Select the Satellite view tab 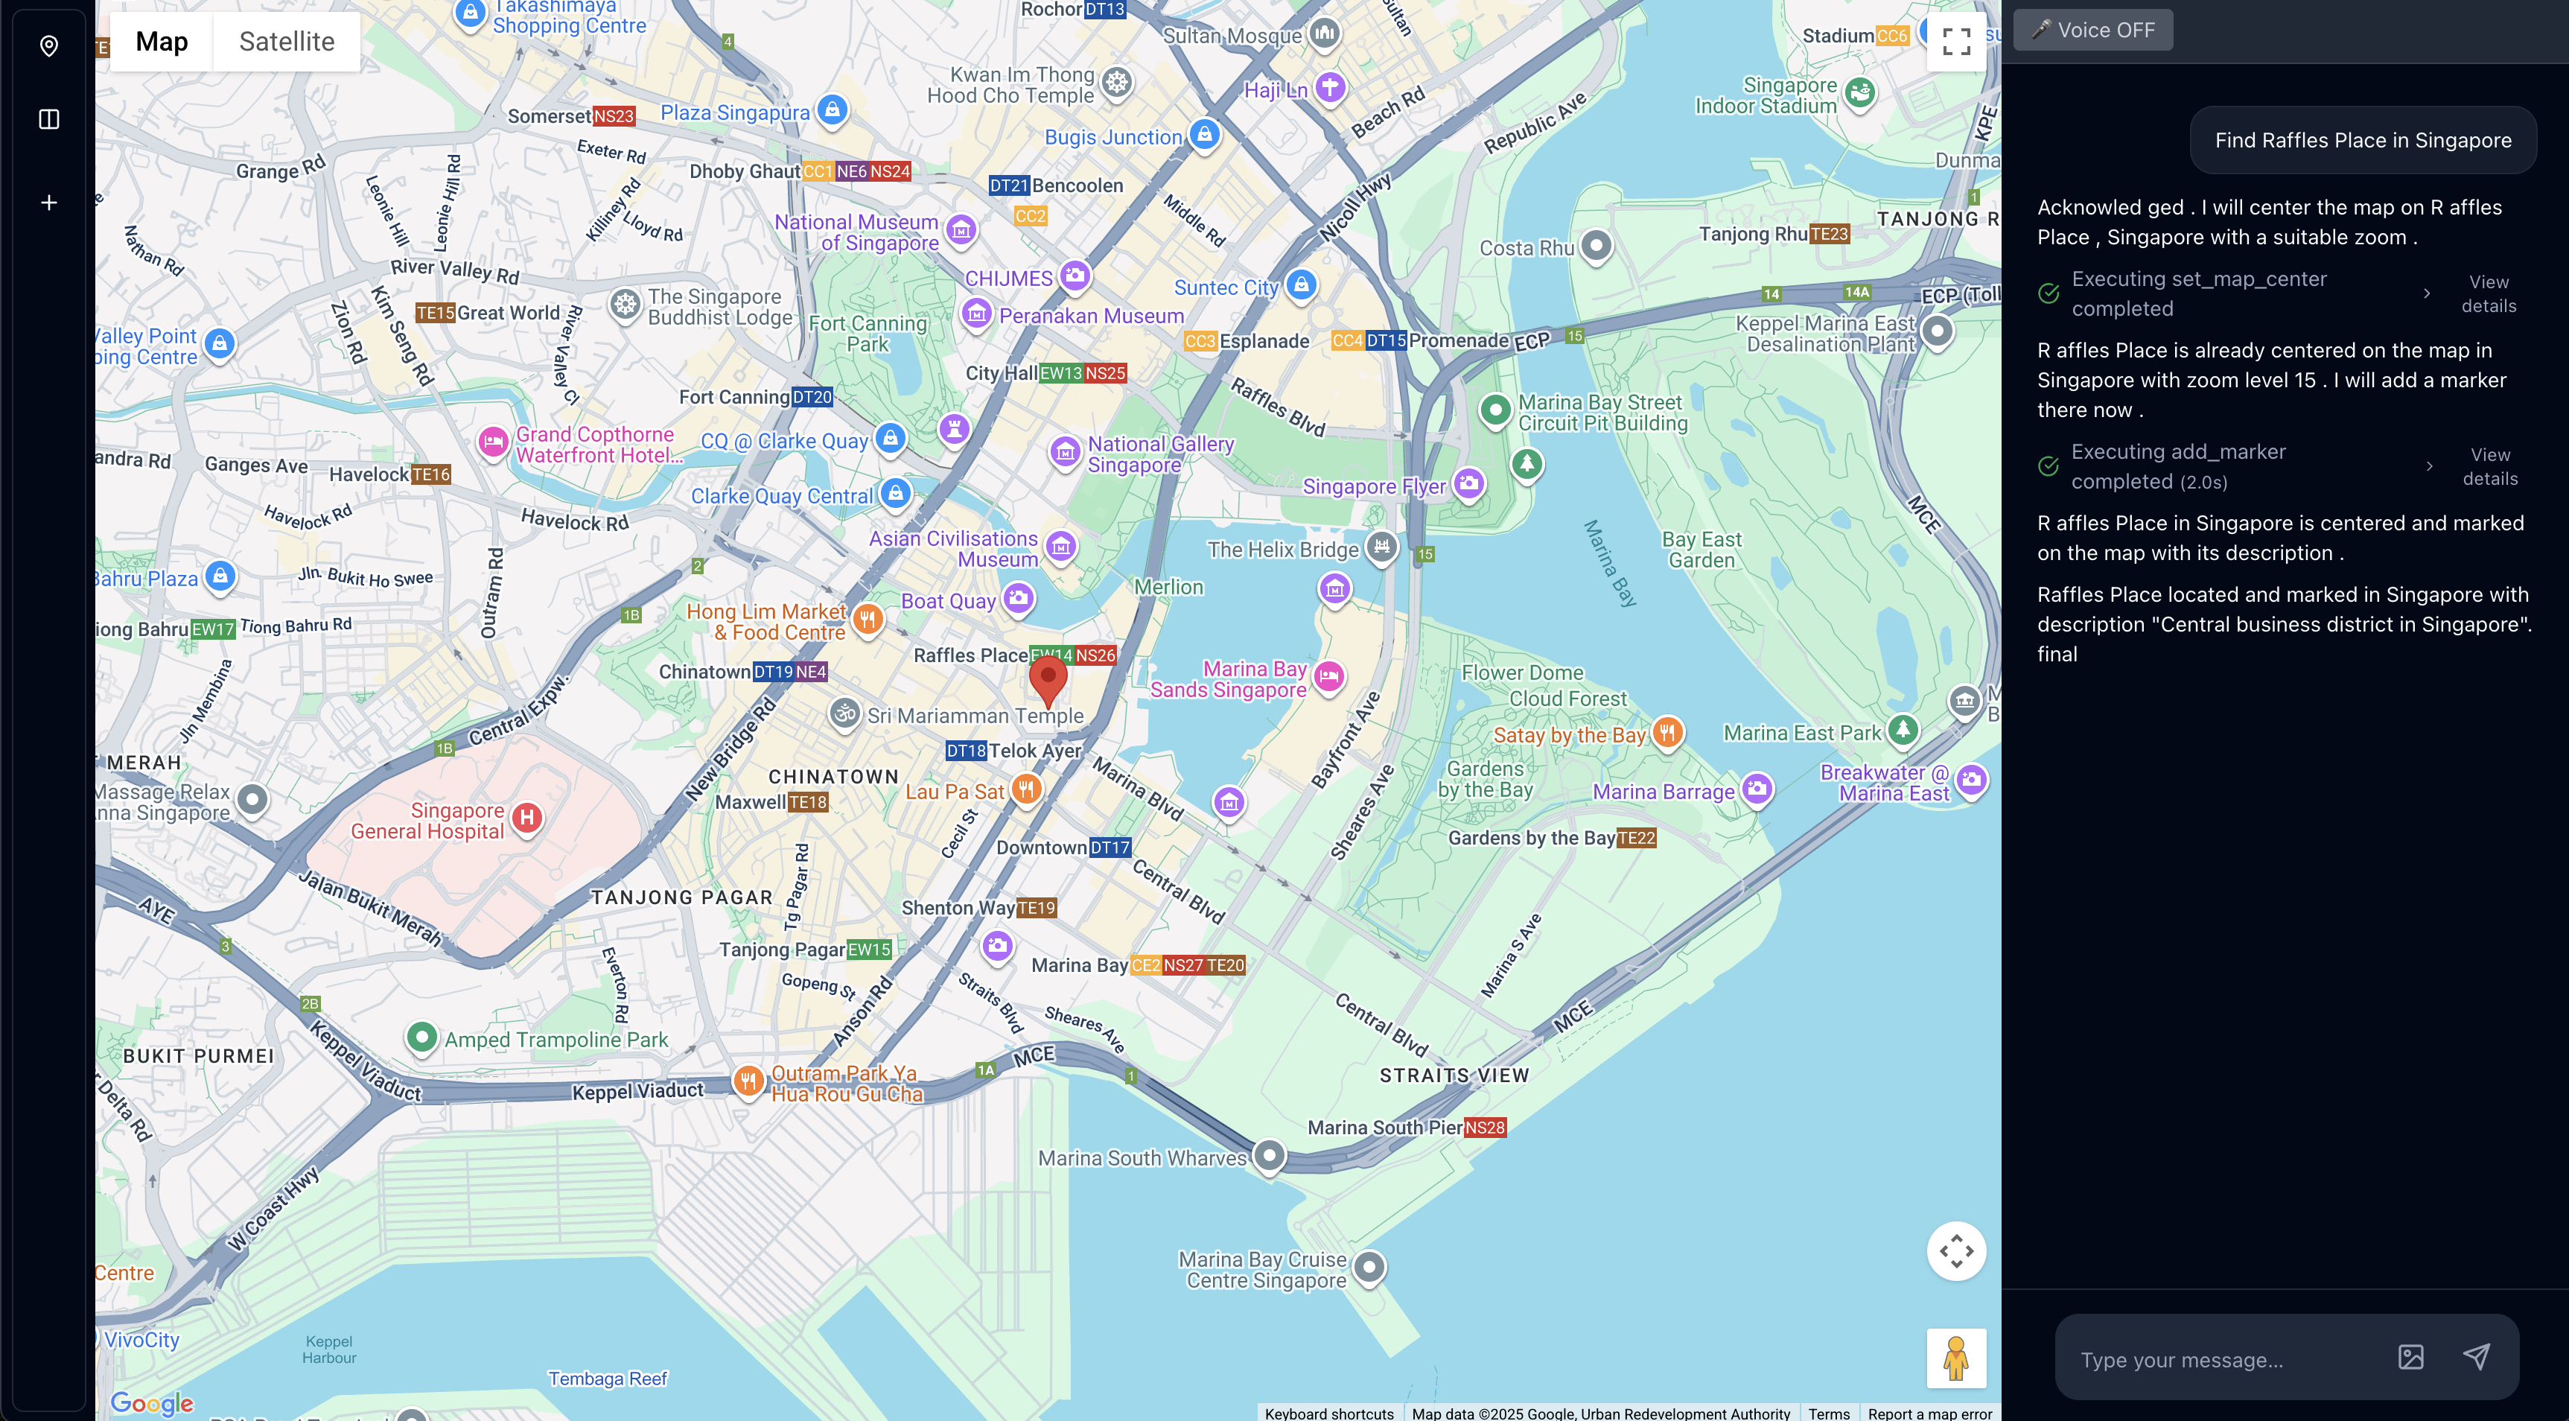pyautogui.click(x=286, y=42)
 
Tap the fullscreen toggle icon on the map pyautogui.click(x=1955, y=42)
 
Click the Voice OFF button pyautogui.click(x=2092, y=30)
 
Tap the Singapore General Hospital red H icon pyautogui.click(x=526, y=818)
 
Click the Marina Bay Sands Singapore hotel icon pyautogui.click(x=1328, y=677)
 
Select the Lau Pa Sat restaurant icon pyautogui.click(x=1025, y=789)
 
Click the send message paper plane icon pyautogui.click(x=2476, y=1356)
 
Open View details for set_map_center pyautogui.click(x=2489, y=294)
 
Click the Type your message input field pyautogui.click(x=2224, y=1359)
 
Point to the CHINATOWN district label pyautogui.click(x=833, y=777)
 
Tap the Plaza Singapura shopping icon pyautogui.click(x=833, y=109)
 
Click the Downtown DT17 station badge pyautogui.click(x=1109, y=848)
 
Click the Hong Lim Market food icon pyautogui.click(x=867, y=619)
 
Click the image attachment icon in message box pyautogui.click(x=2410, y=1356)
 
